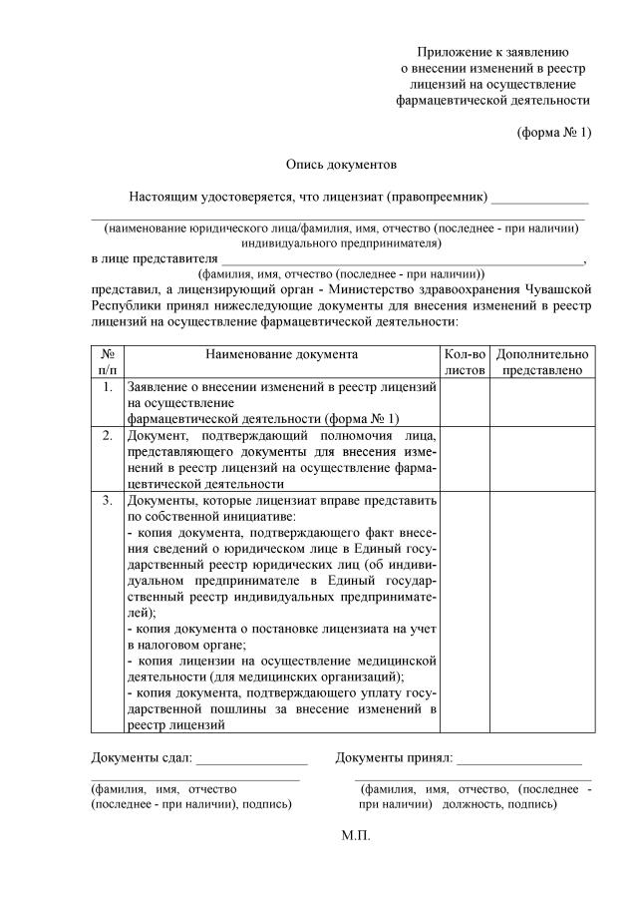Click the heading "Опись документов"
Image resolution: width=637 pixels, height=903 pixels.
pos(341,164)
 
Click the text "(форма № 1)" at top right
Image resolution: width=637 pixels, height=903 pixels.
pos(553,132)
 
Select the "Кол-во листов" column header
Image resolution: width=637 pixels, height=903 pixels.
pos(464,361)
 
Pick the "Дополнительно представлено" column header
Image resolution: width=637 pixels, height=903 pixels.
pos(541,361)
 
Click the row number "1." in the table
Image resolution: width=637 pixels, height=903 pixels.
pos(107,386)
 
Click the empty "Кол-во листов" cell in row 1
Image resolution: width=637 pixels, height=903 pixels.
pos(464,402)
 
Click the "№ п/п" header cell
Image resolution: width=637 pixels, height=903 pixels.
pos(107,361)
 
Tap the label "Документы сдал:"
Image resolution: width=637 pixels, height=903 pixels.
pos(141,758)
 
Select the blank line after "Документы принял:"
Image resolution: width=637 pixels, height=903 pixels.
pos(518,762)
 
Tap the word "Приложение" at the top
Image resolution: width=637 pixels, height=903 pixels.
pos(456,52)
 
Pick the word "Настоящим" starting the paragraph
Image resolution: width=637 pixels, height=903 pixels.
pos(162,197)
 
